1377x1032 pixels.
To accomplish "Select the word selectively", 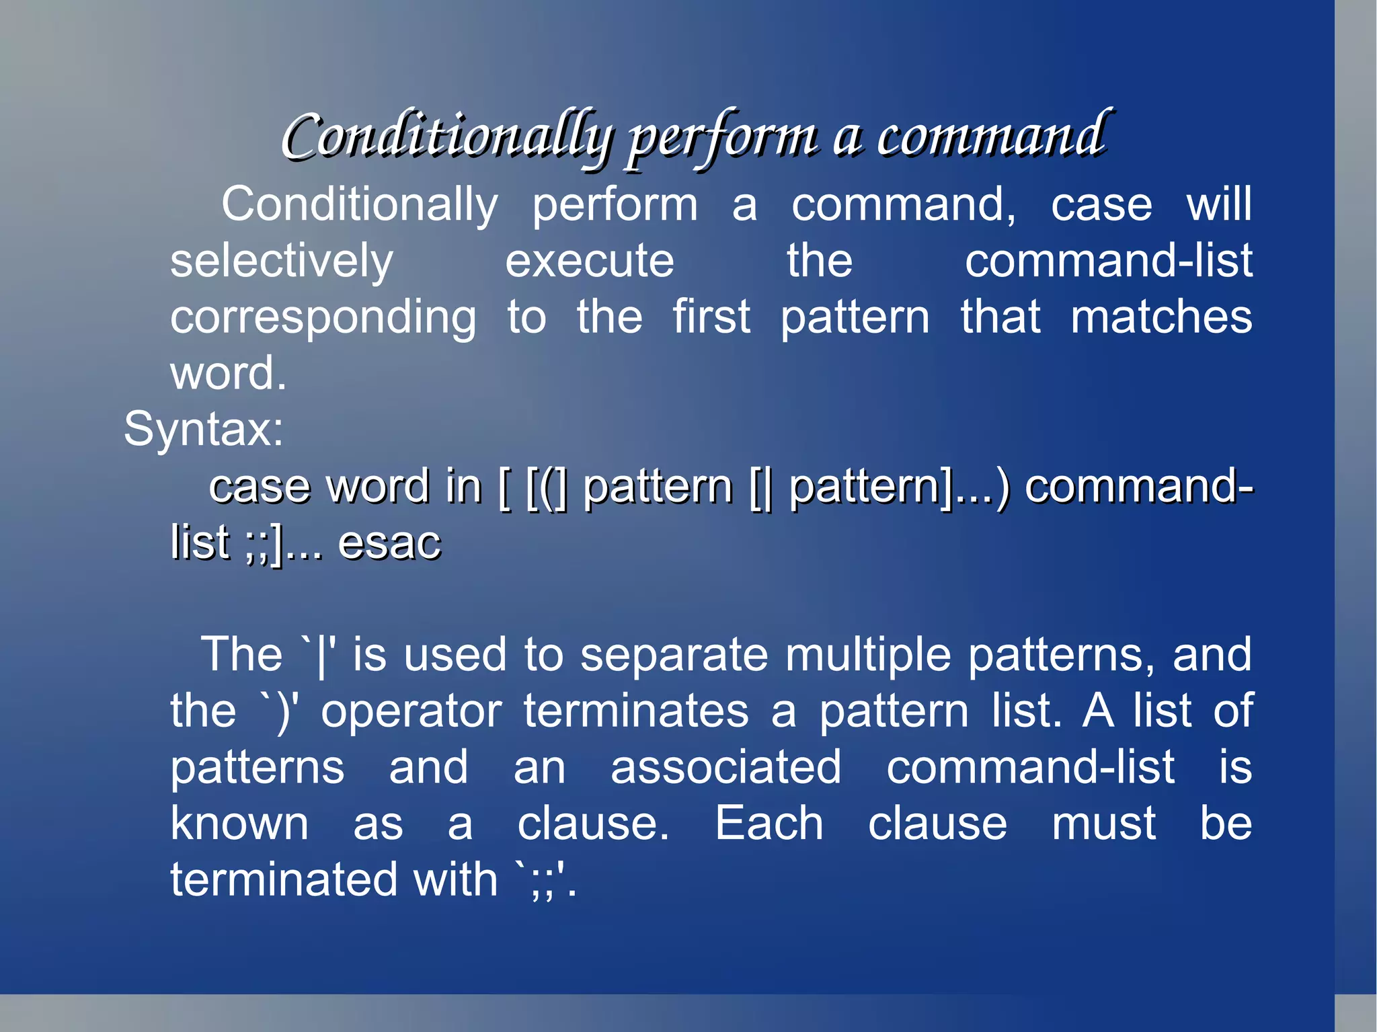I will (281, 262).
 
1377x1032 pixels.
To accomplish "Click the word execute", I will (589, 262).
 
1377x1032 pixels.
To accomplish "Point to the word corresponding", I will (323, 318).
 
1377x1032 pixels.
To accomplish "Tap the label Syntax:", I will (204, 429).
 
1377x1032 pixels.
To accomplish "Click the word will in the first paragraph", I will (1219, 204).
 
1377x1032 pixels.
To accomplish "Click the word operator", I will (411, 711).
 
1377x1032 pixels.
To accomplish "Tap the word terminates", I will (636, 711).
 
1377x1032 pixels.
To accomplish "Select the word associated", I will (725, 767).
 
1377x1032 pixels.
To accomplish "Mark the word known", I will (239, 824).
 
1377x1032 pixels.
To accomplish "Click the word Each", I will (769, 824).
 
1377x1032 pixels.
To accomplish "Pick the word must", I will (1103, 824).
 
